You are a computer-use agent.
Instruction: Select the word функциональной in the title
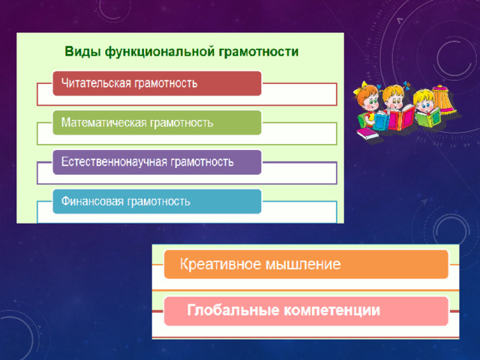point(160,52)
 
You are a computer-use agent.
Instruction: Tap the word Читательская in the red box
point(96,83)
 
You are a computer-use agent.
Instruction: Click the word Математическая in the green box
point(104,122)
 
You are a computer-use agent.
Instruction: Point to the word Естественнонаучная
point(114,162)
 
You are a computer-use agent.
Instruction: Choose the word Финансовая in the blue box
point(92,201)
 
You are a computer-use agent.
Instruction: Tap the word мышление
point(303,265)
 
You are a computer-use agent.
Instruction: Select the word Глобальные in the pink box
point(233,310)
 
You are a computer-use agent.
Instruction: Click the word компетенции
point(331,310)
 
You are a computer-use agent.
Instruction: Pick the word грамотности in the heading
point(258,52)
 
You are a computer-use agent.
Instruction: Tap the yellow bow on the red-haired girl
point(360,88)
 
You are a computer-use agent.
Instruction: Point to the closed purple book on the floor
point(367,133)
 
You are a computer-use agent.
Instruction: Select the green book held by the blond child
point(428,118)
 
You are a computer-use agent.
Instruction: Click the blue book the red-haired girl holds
point(380,121)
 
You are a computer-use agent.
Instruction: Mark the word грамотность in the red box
point(166,83)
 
